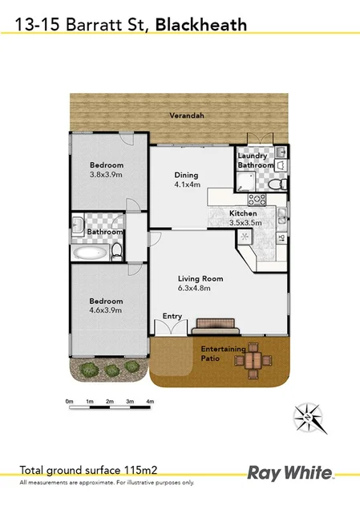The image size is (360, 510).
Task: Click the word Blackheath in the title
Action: (200, 25)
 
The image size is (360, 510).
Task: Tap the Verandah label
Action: (187, 115)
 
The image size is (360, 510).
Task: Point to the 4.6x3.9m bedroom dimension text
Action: (105, 310)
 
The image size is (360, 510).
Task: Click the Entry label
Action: (172, 316)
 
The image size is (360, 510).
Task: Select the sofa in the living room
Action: (216, 325)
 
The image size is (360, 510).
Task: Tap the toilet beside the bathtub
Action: (117, 252)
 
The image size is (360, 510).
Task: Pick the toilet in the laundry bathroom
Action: (275, 184)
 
